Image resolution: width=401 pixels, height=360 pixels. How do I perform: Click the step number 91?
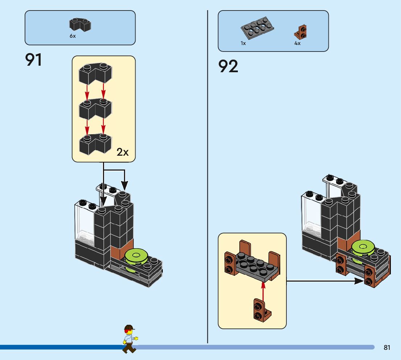click(x=33, y=60)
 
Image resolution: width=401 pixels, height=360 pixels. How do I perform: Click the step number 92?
click(x=228, y=66)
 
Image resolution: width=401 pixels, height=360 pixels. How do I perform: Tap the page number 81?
click(x=387, y=347)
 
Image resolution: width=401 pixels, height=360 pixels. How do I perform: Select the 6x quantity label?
click(x=73, y=36)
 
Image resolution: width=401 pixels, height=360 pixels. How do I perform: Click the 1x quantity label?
click(x=243, y=43)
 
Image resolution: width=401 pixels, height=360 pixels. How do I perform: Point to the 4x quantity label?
click(x=297, y=43)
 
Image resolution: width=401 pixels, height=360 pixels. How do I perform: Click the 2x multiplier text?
click(x=123, y=152)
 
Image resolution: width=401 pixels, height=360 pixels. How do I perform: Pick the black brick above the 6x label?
click(x=80, y=25)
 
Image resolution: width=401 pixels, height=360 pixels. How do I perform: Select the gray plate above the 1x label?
click(x=257, y=28)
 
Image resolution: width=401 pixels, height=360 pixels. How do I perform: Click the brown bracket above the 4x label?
click(x=301, y=32)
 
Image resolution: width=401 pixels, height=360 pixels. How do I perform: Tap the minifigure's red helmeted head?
click(x=129, y=330)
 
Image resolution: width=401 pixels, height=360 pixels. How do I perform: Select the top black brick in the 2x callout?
click(x=95, y=73)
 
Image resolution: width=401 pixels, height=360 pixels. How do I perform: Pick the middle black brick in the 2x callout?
click(x=95, y=109)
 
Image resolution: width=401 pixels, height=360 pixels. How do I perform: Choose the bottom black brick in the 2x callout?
click(x=95, y=144)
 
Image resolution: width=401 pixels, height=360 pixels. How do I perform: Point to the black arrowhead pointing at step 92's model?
click(x=359, y=281)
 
